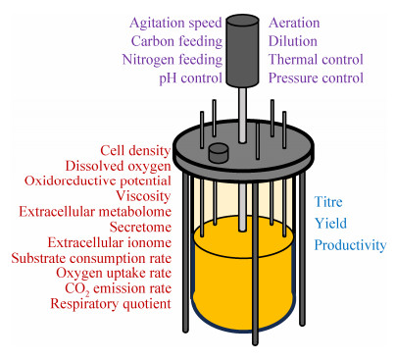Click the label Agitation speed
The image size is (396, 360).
[x=175, y=24]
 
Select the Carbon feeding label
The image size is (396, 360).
[x=176, y=41]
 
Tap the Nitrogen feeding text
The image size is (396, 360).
[x=173, y=60]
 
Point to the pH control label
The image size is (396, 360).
[x=190, y=78]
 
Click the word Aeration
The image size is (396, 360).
[x=294, y=23]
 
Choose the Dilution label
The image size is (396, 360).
[x=293, y=41]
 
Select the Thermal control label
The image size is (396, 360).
[x=316, y=60]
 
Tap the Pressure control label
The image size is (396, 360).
[x=316, y=78]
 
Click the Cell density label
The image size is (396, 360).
[x=135, y=151]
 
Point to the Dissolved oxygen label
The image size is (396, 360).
[x=119, y=166]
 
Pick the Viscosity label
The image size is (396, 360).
[x=143, y=196]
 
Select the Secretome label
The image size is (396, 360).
[x=140, y=227]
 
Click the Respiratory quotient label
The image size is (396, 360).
[x=111, y=304]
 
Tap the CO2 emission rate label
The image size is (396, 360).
[x=118, y=288]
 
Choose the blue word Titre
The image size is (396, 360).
[x=328, y=202]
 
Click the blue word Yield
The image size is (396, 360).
[x=330, y=224]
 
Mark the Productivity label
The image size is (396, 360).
[x=350, y=245]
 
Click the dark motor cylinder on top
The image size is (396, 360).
[x=243, y=51]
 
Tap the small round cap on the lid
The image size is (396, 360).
[x=219, y=153]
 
